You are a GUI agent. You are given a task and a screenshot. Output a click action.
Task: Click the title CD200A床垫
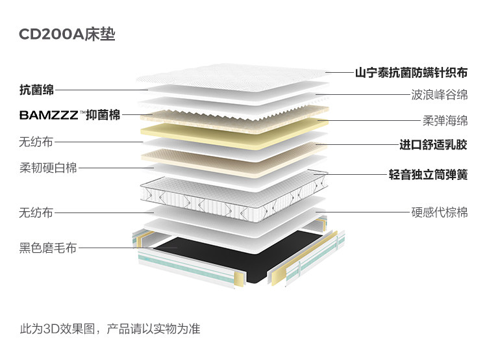pos(67,34)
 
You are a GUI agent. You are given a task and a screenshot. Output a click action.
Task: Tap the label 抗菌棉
pos(36,90)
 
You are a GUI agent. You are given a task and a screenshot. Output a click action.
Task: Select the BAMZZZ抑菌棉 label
pos(69,116)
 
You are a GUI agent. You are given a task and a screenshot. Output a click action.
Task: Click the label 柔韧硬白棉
pos(48,168)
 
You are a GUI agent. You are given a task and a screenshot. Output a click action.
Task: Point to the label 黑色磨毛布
pos(48,248)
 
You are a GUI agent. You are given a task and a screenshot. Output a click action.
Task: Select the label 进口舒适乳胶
pos(433,144)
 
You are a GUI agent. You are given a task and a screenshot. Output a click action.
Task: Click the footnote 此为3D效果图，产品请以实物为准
pos(110,329)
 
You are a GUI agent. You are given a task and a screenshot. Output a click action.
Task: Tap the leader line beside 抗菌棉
pos(97,90)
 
